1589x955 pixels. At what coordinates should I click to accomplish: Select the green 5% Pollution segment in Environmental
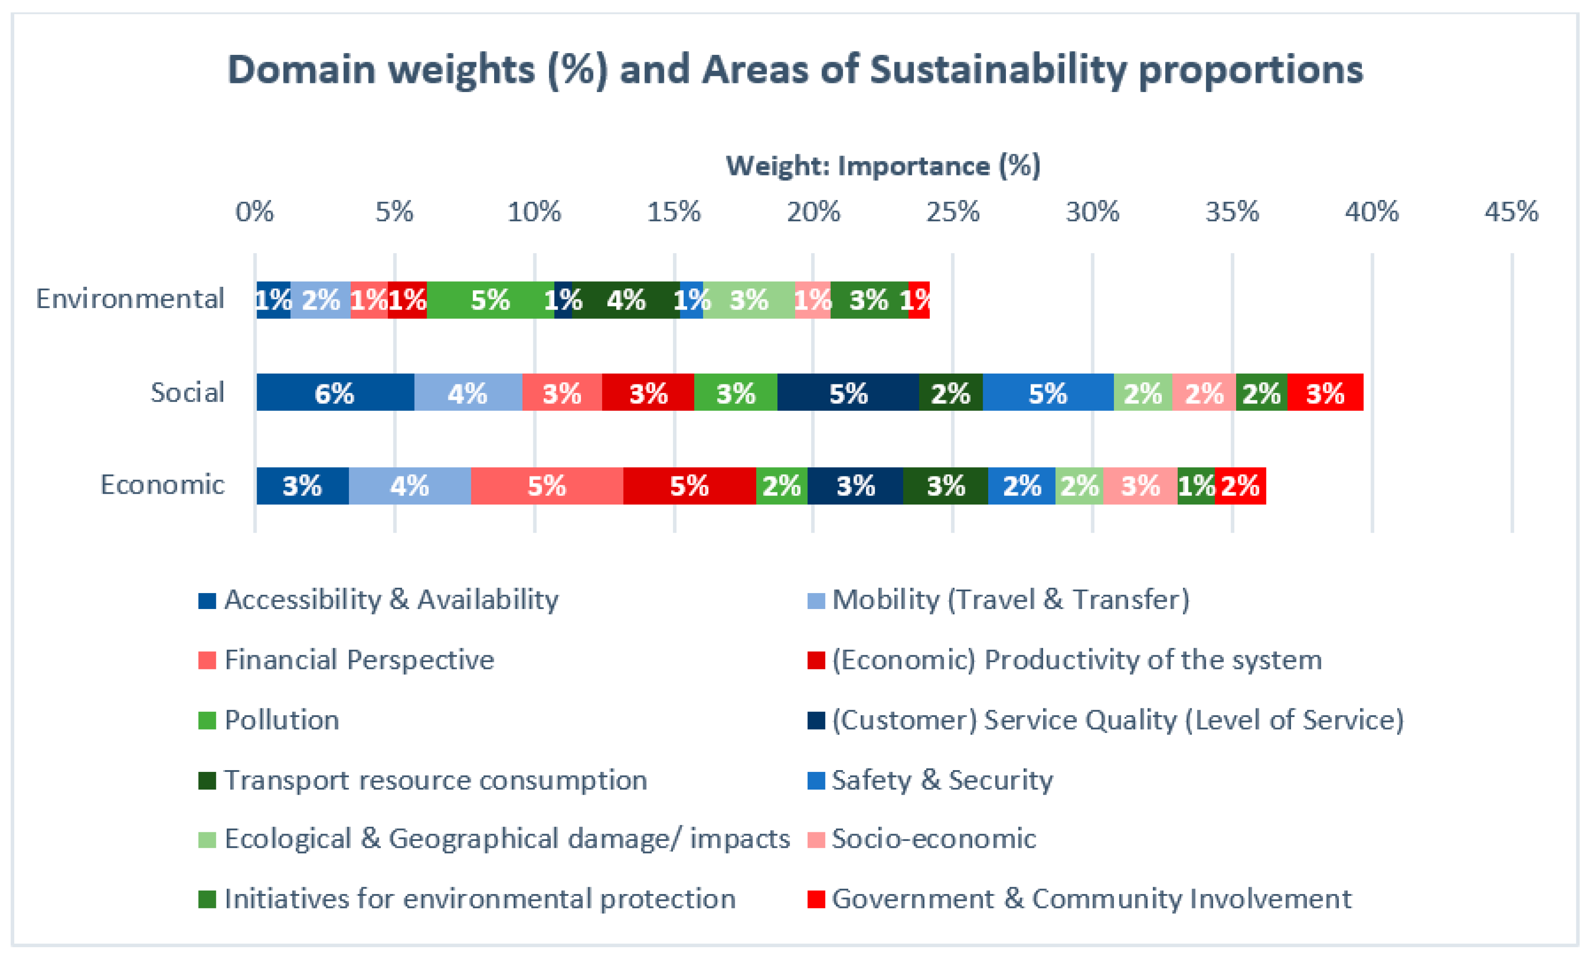[490, 300]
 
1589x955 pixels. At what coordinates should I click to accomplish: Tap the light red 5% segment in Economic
[547, 486]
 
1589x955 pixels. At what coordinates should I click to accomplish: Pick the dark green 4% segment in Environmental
[625, 300]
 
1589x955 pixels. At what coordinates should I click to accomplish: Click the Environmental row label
[130, 298]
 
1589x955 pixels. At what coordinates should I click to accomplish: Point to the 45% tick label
[1511, 212]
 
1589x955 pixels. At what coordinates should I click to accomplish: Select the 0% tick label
[255, 212]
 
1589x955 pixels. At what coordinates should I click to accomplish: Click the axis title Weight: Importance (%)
[883, 166]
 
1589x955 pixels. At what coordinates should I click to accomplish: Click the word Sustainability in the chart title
[998, 70]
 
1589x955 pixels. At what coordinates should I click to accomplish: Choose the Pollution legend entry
[281, 720]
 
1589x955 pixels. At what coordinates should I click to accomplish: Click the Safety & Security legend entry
[942, 780]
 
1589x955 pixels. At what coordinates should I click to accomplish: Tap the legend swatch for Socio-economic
[816, 840]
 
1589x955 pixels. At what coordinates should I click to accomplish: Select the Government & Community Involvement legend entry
[1091, 899]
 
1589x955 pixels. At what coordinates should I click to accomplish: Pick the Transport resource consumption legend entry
[435, 780]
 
